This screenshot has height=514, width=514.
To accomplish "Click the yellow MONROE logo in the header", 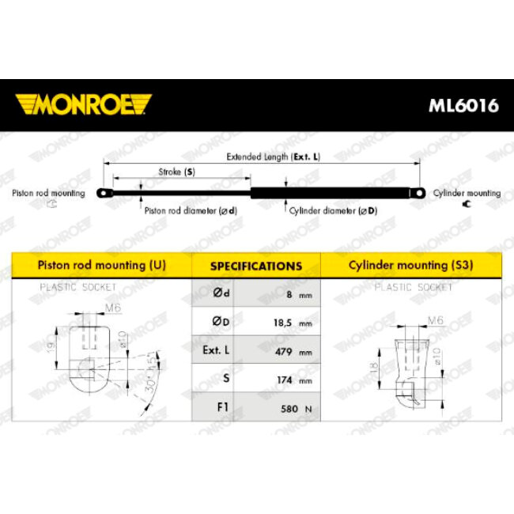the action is [83, 104].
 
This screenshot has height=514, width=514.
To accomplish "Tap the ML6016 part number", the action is [463, 105].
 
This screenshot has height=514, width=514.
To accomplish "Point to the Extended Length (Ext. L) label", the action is [273, 157].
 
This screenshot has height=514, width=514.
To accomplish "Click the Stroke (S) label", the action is [176, 172].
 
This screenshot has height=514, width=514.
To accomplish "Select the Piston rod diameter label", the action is [191, 210].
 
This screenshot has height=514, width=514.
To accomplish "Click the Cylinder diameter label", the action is [333, 211].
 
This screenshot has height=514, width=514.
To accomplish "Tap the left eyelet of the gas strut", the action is [104, 193].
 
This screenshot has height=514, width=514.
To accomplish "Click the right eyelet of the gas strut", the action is [418, 193].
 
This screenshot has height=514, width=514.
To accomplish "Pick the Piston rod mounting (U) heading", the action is [102, 265].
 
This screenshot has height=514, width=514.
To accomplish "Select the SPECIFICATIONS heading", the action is [256, 266].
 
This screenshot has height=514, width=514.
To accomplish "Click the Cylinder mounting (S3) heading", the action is [410, 265].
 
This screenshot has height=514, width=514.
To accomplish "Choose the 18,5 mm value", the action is [293, 323].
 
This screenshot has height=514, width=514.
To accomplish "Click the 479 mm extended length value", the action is [293, 352].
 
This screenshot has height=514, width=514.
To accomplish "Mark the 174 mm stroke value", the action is [294, 380].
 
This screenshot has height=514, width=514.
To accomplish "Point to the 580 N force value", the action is [297, 409].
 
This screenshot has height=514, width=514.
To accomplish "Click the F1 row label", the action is [222, 406].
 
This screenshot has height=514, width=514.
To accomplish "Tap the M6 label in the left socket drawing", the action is [113, 308].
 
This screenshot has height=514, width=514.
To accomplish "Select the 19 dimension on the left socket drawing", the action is [51, 347].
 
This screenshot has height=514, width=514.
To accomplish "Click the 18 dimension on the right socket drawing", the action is [374, 368].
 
